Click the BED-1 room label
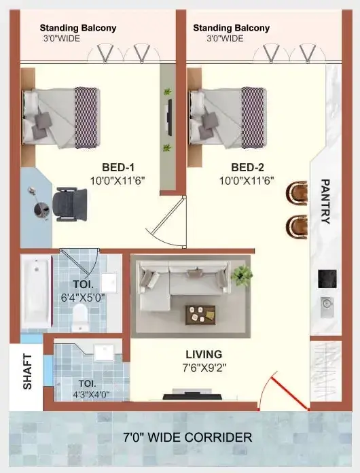(118, 167)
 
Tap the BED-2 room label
(247, 167)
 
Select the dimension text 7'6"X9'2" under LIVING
(204, 368)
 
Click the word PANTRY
(325, 201)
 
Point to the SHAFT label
(27, 371)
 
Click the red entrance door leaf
(290, 393)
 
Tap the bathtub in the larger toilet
(36, 292)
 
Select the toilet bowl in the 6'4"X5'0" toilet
(80, 317)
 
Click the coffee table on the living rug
(200, 315)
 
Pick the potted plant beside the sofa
(242, 275)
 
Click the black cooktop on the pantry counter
(327, 279)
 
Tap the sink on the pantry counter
(327, 306)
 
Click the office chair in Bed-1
(70, 205)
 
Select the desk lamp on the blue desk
(39, 205)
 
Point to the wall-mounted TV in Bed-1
(170, 117)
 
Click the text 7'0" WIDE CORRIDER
(187, 437)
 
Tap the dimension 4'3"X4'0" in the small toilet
(91, 394)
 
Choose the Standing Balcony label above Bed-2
(231, 28)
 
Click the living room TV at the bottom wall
(192, 395)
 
